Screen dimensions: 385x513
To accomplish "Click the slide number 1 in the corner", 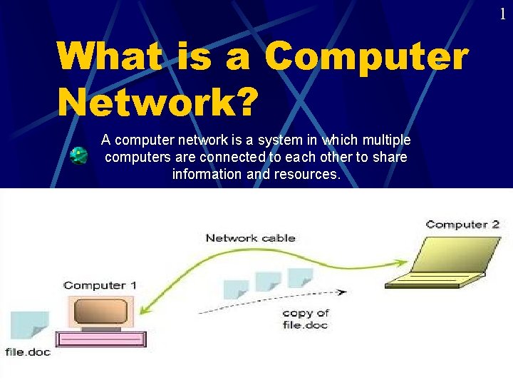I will click(x=502, y=13).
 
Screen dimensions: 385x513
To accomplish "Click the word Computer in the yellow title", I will click(x=368, y=56).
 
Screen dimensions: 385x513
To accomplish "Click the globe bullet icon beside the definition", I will click(x=78, y=155).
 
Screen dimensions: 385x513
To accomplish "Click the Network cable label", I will click(x=250, y=238).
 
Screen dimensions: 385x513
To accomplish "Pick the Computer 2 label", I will click(x=462, y=225).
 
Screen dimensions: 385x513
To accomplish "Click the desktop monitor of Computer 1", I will click(x=99, y=311).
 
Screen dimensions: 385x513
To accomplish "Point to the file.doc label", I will click(x=28, y=352).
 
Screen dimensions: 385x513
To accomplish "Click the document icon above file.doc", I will click(x=29, y=327).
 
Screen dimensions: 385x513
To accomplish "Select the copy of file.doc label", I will click(x=305, y=319).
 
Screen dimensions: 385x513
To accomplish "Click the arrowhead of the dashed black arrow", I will click(x=343, y=292).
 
